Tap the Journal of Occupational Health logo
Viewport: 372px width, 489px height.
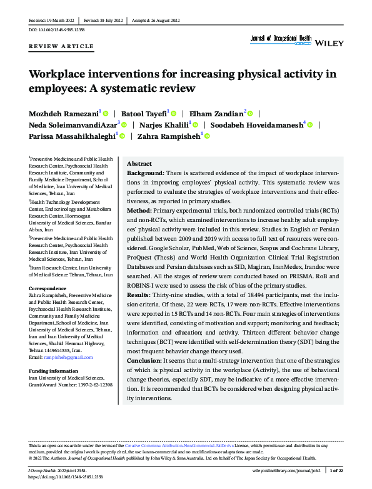click(x=280, y=39)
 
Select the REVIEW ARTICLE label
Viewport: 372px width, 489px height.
click(x=62, y=46)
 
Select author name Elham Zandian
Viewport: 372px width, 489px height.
click(x=216, y=113)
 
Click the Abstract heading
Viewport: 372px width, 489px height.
click(x=139, y=163)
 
